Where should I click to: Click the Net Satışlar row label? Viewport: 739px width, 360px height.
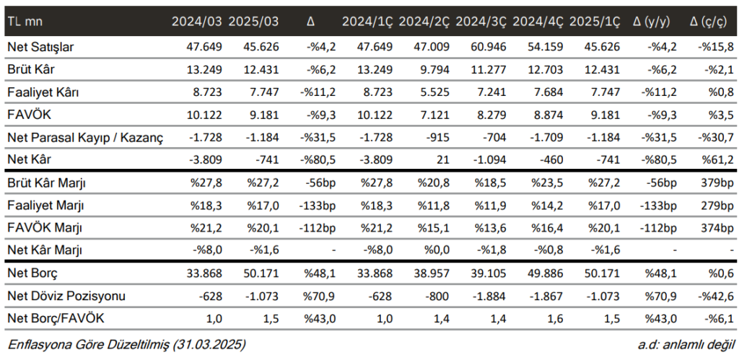click(41, 48)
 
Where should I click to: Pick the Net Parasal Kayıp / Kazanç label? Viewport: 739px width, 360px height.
click(85, 137)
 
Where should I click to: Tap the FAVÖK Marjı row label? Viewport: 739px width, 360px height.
click(45, 228)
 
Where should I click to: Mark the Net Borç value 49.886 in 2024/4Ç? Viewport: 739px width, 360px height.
click(546, 273)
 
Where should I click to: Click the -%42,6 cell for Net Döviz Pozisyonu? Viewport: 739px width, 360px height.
click(714, 296)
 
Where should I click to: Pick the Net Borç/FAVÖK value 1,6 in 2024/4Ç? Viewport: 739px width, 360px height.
click(556, 318)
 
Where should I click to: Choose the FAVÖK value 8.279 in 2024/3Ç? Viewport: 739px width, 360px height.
click(489, 115)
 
